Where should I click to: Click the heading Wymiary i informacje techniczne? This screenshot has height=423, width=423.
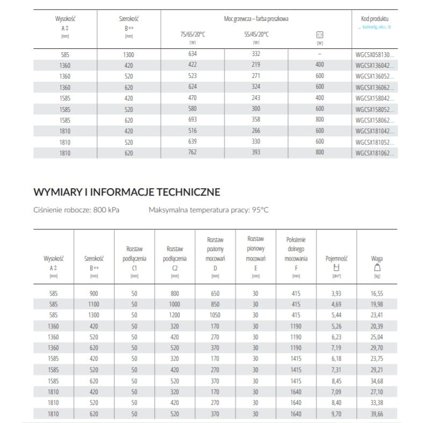coord(126,192)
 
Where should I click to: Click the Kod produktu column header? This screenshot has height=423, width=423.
coord(375,18)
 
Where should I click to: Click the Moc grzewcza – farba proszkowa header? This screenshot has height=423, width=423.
coord(256,18)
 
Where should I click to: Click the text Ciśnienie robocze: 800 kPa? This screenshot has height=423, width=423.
coord(76,209)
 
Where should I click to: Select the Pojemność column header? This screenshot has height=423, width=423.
coord(336,258)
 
